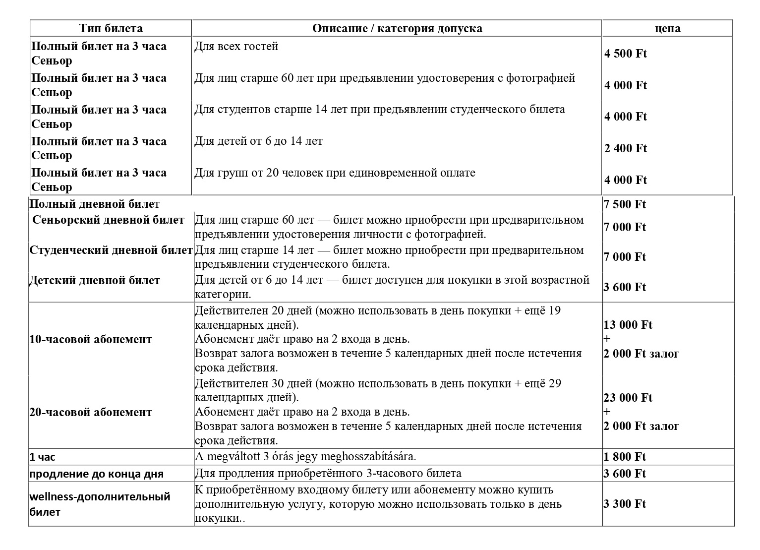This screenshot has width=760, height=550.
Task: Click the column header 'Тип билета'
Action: [x=111, y=28]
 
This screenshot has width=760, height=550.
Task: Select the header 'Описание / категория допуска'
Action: [x=397, y=28]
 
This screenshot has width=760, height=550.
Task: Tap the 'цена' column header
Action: [x=667, y=28]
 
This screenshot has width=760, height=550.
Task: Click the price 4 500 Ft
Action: [x=625, y=54]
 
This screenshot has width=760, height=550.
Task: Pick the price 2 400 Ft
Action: [x=625, y=148]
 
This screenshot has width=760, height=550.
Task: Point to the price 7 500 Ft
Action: [x=625, y=204]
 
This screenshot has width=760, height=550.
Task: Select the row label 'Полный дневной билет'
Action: [x=95, y=204]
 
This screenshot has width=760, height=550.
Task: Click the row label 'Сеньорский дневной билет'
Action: [x=108, y=220]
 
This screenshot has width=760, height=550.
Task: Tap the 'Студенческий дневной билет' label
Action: [x=111, y=250]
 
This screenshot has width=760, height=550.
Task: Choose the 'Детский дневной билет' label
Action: [x=95, y=281]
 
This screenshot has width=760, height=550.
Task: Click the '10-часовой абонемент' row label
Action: [x=91, y=340]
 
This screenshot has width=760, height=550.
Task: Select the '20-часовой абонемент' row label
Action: [x=91, y=413]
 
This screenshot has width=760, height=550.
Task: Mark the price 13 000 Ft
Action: [x=628, y=325]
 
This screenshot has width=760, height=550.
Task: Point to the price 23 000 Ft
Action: [x=628, y=398]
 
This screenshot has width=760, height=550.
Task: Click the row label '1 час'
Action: [x=43, y=457]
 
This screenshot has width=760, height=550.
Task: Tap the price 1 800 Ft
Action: [x=625, y=457]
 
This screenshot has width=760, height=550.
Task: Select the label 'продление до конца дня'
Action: [x=96, y=474]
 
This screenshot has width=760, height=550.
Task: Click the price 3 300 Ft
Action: [x=625, y=504]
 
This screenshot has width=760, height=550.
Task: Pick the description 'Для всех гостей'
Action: [x=236, y=47]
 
